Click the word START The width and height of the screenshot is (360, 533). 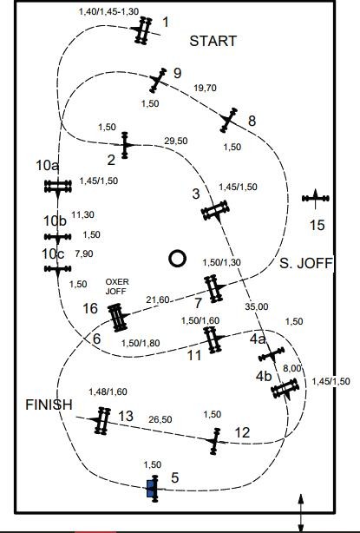[213, 41]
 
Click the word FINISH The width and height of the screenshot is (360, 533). [49, 405]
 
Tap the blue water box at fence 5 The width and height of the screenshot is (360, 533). [150, 489]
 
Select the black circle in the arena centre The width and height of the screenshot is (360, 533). [177, 259]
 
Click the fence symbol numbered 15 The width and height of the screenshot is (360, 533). [316, 198]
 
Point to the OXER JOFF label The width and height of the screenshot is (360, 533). [117, 286]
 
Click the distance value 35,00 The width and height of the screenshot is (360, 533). [257, 306]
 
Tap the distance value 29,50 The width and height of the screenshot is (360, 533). [175, 141]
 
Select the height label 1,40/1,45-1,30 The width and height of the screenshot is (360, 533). [108, 11]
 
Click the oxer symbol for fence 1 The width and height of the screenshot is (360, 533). [143, 30]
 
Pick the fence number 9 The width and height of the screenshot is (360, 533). [177, 73]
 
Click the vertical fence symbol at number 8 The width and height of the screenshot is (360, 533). [228, 120]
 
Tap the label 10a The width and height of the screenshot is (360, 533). [47, 166]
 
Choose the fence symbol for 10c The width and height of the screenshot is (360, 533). [58, 269]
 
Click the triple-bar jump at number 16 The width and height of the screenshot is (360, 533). [118, 318]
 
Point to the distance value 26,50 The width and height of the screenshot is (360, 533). [160, 419]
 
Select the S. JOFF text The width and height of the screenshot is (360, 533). [305, 263]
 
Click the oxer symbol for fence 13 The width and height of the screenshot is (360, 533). [101, 420]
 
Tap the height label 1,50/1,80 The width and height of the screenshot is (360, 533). [141, 343]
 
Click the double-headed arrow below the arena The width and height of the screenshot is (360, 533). [301, 513]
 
